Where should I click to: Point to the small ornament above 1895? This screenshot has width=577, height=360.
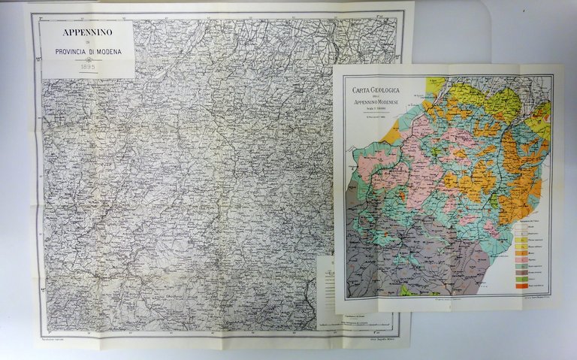[x=88, y=59]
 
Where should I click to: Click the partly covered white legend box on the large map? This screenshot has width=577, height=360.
[x=325, y=282]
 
